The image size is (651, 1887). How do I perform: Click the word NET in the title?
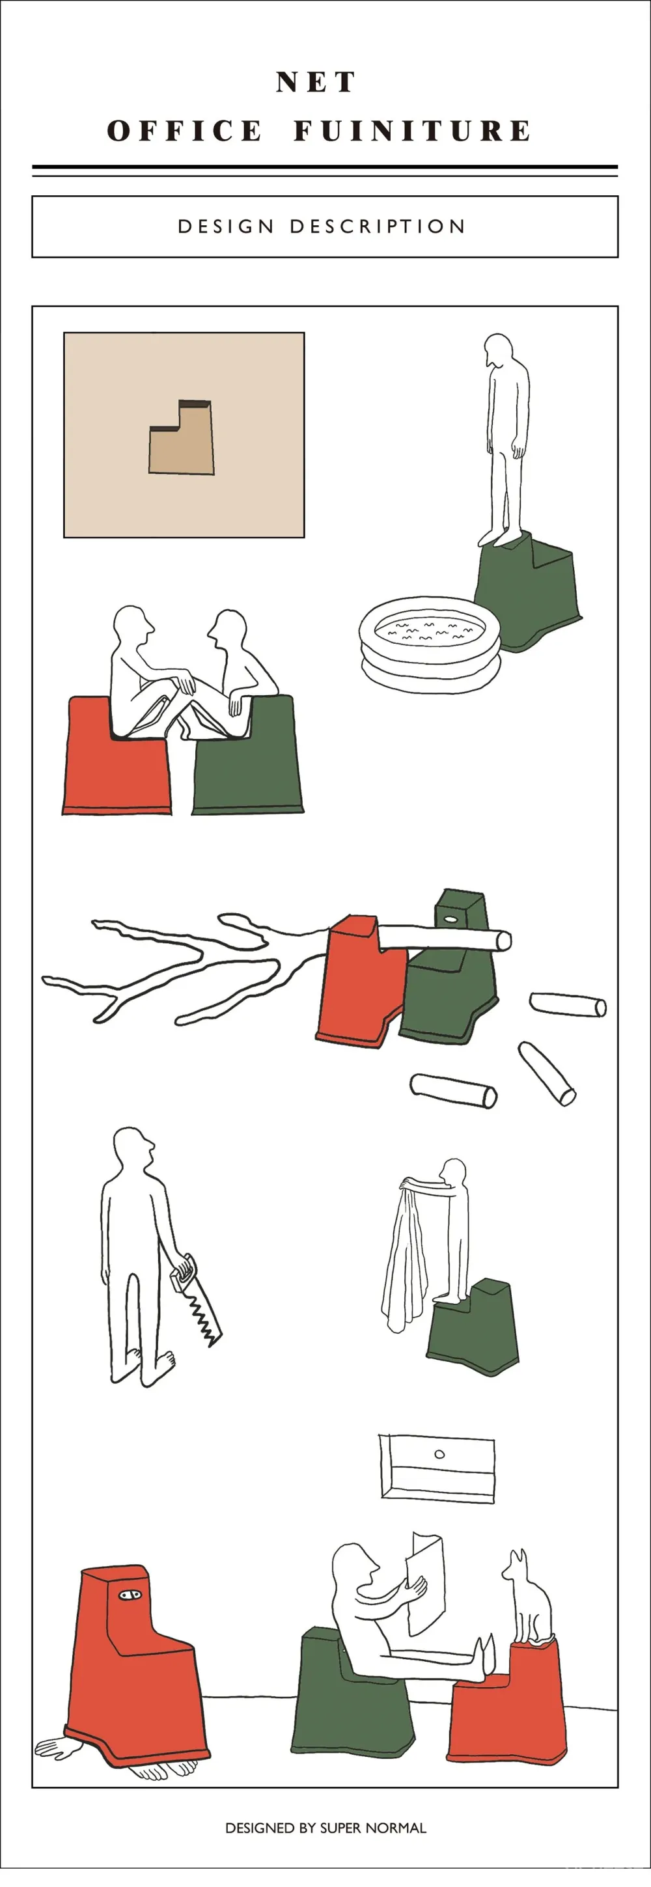316,82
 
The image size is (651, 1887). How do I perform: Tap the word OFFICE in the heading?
184,130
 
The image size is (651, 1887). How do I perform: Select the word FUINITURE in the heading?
412,130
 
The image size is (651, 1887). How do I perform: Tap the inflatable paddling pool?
430,642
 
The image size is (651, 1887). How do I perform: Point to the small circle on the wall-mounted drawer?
439,1454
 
